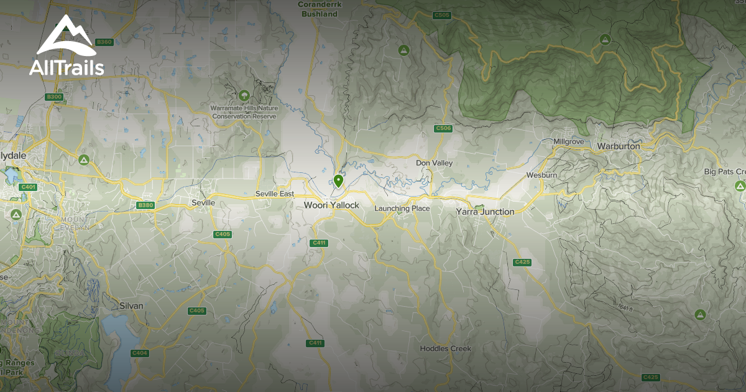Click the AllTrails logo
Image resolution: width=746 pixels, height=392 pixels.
coord(67,46)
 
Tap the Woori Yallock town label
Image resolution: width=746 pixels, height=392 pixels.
coord(331,205)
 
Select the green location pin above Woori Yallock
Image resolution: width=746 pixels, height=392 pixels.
coord(338,181)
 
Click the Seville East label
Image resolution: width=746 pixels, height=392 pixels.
coord(274,194)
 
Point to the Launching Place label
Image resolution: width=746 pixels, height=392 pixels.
coord(402,208)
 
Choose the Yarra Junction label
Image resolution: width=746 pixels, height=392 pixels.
coord(485,212)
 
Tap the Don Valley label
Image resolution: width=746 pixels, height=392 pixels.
coord(434,163)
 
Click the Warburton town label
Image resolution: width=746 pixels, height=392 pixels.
coord(618,146)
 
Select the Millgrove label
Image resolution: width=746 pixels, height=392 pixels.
coord(569,142)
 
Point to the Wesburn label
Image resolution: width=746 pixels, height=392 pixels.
coord(541,175)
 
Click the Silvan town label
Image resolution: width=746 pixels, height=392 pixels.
coord(131,306)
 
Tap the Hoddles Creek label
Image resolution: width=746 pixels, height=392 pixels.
coord(445,348)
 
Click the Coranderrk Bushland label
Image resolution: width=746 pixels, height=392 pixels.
coord(318,9)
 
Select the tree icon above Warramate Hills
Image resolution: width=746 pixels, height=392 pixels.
coord(244,96)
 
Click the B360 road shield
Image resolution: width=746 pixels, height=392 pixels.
coord(104,42)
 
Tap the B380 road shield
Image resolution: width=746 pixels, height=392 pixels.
coord(145,205)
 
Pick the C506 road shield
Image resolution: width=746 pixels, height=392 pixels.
coord(443,128)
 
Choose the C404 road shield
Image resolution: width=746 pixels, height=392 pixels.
coord(139,353)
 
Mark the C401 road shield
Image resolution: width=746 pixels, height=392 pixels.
coord(29,187)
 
